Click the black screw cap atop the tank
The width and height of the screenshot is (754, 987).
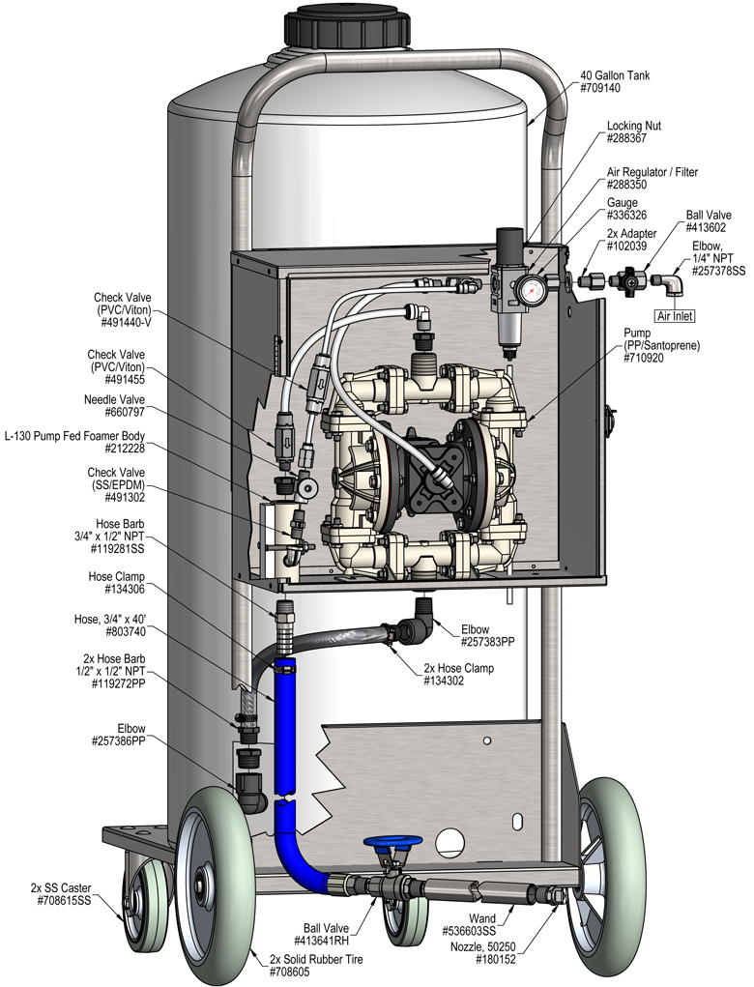(x=350, y=26)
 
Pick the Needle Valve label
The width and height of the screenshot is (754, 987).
(x=116, y=397)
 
